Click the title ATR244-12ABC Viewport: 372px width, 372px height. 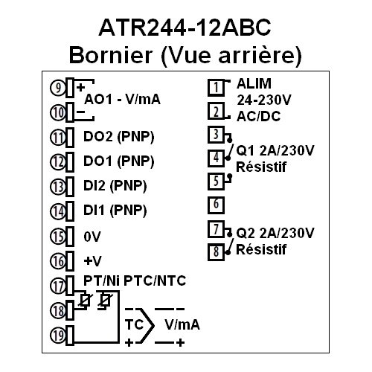(x=185, y=28)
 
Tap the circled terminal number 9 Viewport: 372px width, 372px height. (x=58, y=88)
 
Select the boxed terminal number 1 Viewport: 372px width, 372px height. (x=216, y=88)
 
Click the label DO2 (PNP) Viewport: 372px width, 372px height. (x=119, y=137)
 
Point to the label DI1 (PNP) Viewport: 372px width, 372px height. (x=115, y=211)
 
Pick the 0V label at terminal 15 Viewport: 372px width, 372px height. (x=92, y=237)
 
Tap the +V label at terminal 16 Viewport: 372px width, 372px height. (x=93, y=261)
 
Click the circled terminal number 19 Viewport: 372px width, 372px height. (x=58, y=336)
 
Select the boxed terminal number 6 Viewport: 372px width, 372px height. (x=216, y=205)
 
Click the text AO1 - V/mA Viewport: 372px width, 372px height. (x=123, y=100)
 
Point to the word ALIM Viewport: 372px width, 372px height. (x=254, y=83)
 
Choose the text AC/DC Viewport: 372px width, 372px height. (x=259, y=116)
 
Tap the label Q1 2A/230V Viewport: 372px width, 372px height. (x=275, y=150)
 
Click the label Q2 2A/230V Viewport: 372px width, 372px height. (x=275, y=233)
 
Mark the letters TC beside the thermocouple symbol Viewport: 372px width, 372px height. (x=135, y=324)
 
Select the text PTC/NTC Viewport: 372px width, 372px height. (x=155, y=281)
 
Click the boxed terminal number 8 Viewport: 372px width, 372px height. (x=216, y=251)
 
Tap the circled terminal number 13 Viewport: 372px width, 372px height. (x=58, y=187)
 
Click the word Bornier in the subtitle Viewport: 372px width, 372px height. (x=111, y=55)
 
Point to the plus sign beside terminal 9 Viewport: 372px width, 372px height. (x=80, y=87)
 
